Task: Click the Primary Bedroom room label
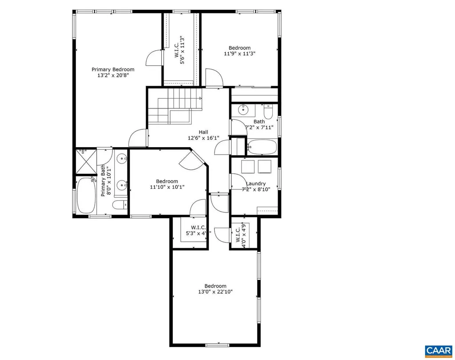(x=113, y=69)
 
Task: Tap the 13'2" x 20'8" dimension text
(x=113, y=76)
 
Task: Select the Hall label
(x=203, y=132)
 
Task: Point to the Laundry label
(x=256, y=184)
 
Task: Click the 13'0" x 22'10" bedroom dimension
(x=215, y=292)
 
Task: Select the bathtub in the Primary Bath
(x=86, y=196)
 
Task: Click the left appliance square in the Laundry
(x=247, y=167)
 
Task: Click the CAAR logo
(x=439, y=350)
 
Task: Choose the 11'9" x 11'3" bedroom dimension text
(x=239, y=54)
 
